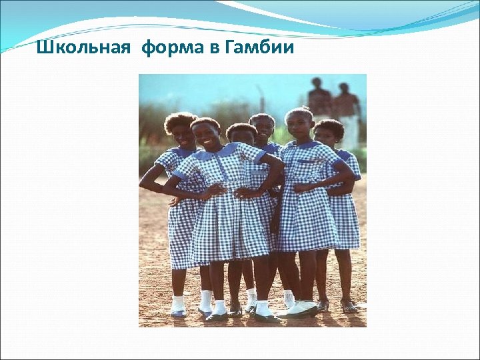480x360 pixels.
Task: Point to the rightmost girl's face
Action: [x=325, y=137]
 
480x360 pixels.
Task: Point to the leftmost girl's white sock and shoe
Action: [x=178, y=306]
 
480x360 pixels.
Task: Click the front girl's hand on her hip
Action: [x=215, y=190]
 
